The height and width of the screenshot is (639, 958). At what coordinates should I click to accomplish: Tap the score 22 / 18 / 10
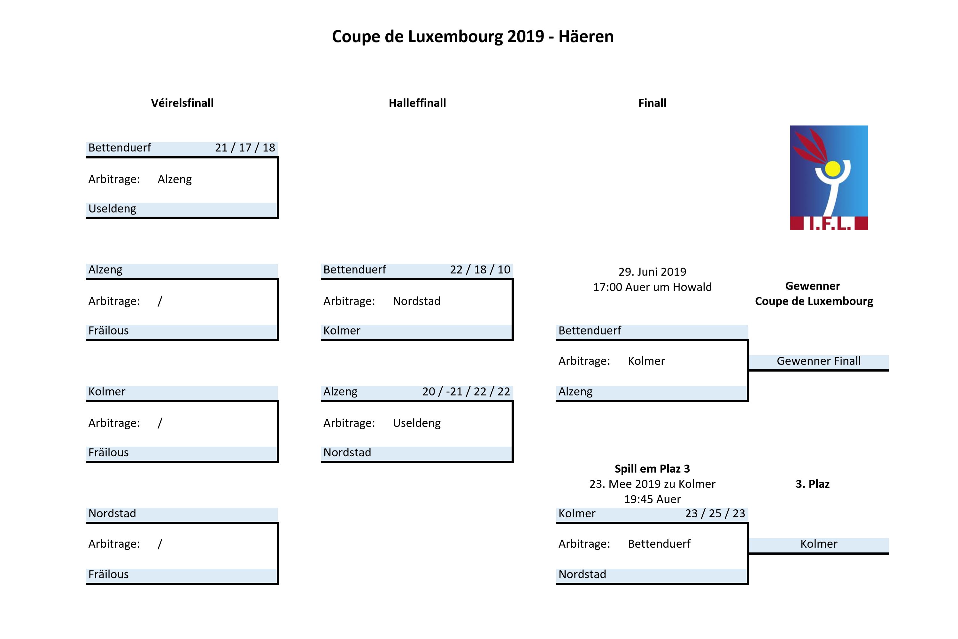[480, 269]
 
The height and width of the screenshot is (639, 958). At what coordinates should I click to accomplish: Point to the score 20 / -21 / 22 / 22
[466, 392]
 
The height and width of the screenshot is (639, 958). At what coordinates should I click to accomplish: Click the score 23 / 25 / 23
[715, 513]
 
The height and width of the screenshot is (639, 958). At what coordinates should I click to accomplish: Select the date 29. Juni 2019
[653, 272]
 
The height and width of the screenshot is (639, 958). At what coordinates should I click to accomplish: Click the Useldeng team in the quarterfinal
[112, 209]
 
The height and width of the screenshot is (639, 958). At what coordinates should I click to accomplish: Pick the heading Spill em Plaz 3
[653, 469]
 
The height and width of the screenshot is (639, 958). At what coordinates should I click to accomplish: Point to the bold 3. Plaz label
[813, 484]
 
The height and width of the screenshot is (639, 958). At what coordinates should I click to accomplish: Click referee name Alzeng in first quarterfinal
[175, 179]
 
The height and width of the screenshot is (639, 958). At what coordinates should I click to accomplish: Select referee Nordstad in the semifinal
[416, 301]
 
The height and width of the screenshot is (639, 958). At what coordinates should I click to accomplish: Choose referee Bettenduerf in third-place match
[659, 544]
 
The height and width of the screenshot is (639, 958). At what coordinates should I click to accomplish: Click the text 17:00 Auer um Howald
[653, 287]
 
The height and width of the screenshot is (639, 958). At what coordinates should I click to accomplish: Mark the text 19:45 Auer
[653, 499]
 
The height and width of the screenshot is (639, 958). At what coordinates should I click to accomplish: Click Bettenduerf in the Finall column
[590, 330]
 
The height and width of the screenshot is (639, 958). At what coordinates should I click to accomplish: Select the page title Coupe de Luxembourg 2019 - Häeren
[473, 37]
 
